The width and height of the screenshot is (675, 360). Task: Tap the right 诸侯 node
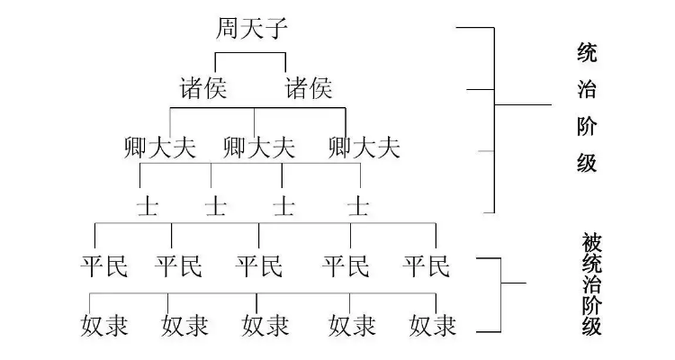[x=309, y=88]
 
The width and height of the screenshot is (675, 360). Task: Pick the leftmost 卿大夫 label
[x=159, y=146]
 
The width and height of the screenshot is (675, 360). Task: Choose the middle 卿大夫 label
[x=258, y=146]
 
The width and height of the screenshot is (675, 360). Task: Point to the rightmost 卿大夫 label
[x=364, y=146]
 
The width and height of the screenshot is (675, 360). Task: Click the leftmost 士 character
[x=147, y=206]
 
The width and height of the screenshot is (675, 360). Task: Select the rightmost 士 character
[x=358, y=206]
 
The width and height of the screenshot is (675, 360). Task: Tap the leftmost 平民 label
[x=103, y=265]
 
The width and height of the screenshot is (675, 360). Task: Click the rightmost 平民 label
[x=425, y=265]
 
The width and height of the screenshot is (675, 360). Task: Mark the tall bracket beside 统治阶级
[x=494, y=117]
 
